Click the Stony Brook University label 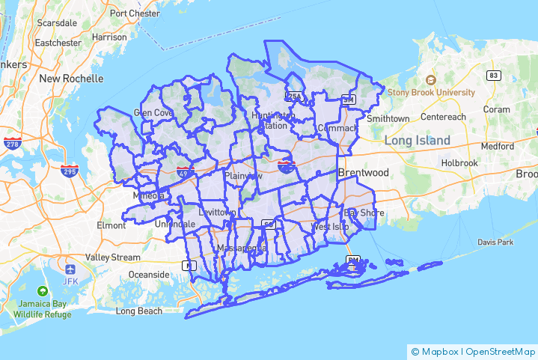click(x=431, y=92)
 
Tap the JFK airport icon click(x=70, y=269)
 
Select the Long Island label click(x=418, y=141)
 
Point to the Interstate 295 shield click(x=70, y=171)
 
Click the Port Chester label click(x=135, y=13)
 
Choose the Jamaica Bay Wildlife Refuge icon click(x=43, y=290)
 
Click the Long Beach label click(x=138, y=311)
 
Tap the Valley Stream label click(x=112, y=257)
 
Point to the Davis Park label click(x=495, y=242)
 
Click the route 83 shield click(x=493, y=76)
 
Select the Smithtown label click(x=388, y=118)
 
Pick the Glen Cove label click(x=153, y=112)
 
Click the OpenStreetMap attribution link click(x=498, y=351)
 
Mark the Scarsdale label click(x=57, y=23)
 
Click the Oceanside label click(x=149, y=275)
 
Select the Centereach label click(x=443, y=117)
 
